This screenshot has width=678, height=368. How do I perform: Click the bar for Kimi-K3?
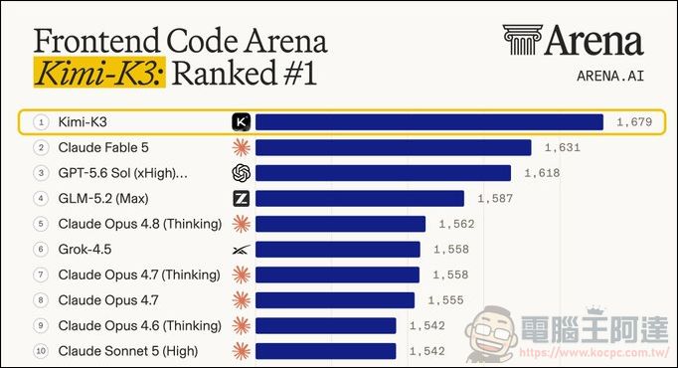click(x=429, y=122)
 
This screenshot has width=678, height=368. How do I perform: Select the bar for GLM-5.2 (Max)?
click(x=360, y=199)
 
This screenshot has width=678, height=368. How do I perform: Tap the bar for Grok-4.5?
click(x=338, y=250)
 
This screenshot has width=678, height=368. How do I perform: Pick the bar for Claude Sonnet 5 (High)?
click(x=326, y=351)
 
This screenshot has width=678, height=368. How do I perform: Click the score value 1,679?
click(x=634, y=122)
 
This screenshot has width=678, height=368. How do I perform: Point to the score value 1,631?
click(x=563, y=148)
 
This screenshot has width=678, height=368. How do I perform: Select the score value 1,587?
click(x=495, y=199)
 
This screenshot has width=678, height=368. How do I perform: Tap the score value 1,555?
click(x=445, y=300)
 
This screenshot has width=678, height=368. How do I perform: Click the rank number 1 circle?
click(x=41, y=122)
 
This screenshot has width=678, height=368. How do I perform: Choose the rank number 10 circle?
click(x=41, y=351)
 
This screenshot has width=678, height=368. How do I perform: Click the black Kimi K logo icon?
click(x=242, y=122)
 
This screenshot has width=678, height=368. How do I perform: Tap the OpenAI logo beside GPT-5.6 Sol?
click(x=242, y=173)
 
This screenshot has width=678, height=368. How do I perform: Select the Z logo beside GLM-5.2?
click(x=242, y=199)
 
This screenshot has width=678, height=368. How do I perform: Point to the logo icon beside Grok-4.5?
click(x=242, y=250)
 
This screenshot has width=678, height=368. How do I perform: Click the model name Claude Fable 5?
click(x=103, y=148)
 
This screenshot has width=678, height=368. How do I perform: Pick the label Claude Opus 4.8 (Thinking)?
click(x=140, y=224)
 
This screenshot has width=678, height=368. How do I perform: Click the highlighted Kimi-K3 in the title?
click(x=99, y=73)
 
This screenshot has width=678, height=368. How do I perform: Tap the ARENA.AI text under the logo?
click(x=610, y=77)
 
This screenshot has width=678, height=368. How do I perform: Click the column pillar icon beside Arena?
click(x=522, y=40)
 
